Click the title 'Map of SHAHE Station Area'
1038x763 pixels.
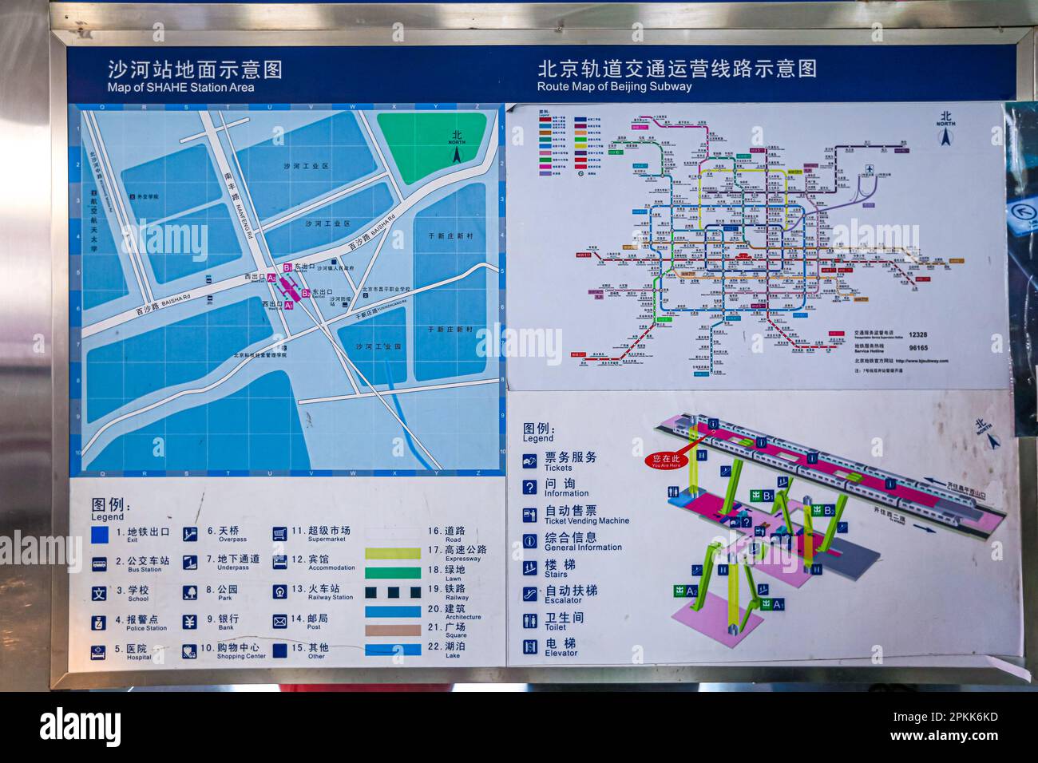tap(180, 87)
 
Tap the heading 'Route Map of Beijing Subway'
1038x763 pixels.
tap(614, 86)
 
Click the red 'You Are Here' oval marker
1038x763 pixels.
tap(667, 461)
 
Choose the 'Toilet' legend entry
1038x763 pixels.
tap(564, 621)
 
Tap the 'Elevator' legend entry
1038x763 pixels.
tap(561, 647)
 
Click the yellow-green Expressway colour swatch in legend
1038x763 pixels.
tap(392, 553)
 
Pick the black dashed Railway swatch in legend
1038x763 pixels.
tap(392, 592)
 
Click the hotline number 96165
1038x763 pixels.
tap(917, 348)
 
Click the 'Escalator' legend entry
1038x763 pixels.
tap(570, 595)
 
